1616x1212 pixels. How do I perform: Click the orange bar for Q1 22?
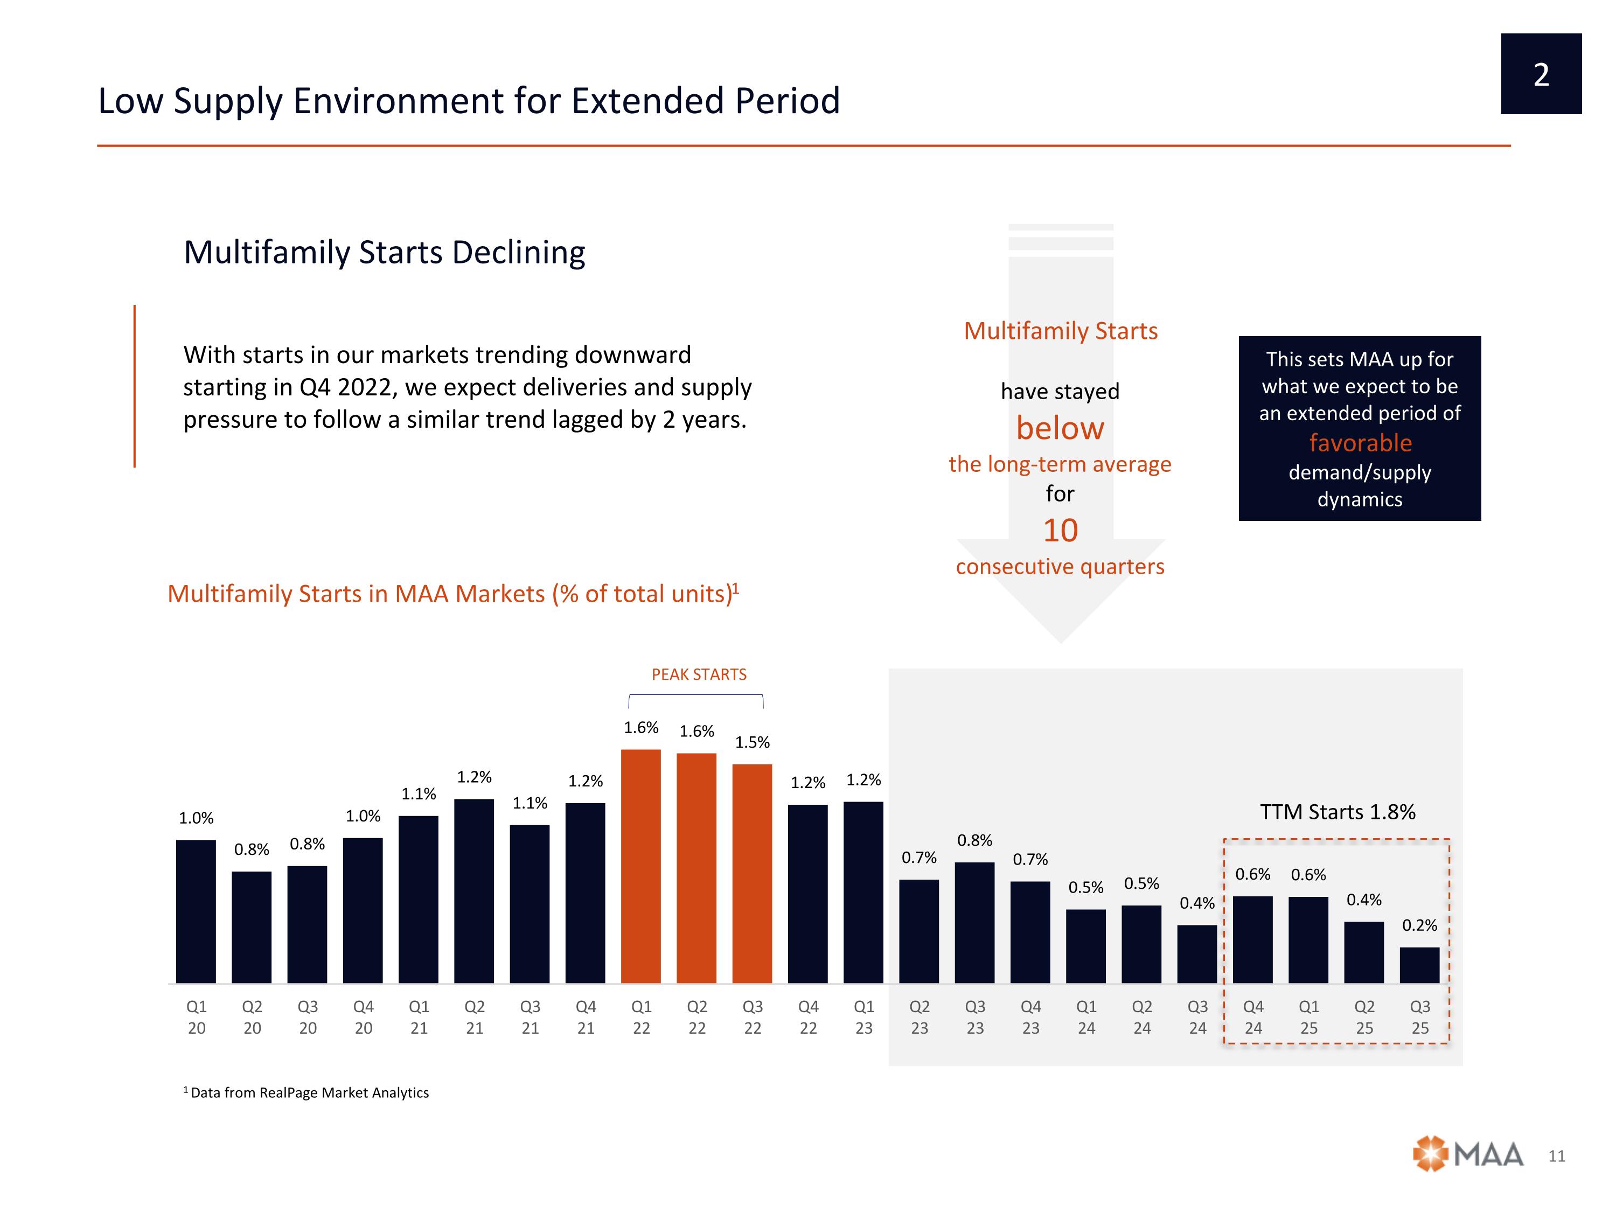(640, 866)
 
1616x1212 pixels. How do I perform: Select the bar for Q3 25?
(1419, 965)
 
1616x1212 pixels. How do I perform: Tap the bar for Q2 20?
(252, 927)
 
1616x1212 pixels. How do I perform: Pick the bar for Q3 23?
(974, 923)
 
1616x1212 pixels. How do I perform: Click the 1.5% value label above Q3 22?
(753, 742)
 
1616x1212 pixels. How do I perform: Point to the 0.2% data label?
(1419, 925)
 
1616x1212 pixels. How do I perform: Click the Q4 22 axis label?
(808, 1017)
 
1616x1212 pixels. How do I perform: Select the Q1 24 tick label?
(1086, 1017)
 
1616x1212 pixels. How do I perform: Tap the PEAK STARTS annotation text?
(699, 674)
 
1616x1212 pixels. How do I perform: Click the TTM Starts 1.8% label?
(1338, 812)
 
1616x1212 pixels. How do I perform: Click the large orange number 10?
(1060, 531)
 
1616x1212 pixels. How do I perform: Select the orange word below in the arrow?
(1060, 428)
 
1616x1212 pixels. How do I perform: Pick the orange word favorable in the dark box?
(1360, 443)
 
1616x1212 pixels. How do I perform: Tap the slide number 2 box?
(1541, 74)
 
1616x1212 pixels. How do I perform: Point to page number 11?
(1557, 1156)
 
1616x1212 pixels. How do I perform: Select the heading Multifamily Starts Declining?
(384, 252)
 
